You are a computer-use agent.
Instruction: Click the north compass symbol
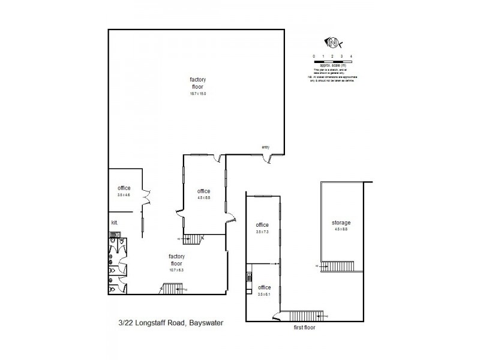333,43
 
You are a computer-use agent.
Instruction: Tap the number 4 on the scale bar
350,56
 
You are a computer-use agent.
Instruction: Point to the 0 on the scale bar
313,56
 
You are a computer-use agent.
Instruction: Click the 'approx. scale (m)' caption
332,64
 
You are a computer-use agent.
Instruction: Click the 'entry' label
265,147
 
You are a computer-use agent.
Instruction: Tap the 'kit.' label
114,223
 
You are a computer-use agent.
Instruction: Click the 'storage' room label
341,223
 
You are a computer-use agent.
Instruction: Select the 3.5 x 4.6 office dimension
124,194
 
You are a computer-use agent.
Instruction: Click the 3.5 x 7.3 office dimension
263,231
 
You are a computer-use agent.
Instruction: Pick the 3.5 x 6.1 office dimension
264,294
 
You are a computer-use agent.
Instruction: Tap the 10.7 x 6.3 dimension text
176,270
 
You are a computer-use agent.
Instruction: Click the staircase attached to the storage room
340,266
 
